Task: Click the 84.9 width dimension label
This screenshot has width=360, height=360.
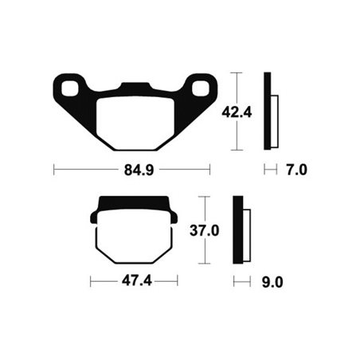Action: [131, 169]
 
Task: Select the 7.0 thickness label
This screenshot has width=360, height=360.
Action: [295, 169]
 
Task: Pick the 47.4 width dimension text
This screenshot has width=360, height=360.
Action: [133, 281]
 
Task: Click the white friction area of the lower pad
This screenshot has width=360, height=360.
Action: [134, 239]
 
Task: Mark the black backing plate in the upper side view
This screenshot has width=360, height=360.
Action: [268, 112]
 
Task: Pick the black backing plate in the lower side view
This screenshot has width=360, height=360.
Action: [237, 230]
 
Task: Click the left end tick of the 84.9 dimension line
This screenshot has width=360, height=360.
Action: [53, 169]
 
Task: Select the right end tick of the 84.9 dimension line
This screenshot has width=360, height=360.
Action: [209, 169]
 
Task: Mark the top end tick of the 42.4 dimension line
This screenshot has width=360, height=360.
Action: [237, 72]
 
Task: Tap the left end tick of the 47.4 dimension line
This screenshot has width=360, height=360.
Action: [91, 281]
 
